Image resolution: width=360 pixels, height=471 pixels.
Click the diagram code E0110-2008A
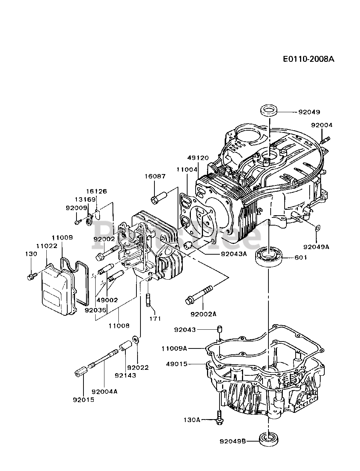(x=309, y=59)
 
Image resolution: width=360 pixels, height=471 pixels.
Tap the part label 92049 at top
(x=309, y=112)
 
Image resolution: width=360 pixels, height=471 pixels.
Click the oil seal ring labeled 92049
(x=269, y=111)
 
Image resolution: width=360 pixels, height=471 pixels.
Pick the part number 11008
(x=119, y=326)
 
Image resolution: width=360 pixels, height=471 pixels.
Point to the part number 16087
(x=155, y=176)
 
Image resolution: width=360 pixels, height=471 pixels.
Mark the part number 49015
(x=177, y=364)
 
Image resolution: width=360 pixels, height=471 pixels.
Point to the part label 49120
(x=198, y=158)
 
